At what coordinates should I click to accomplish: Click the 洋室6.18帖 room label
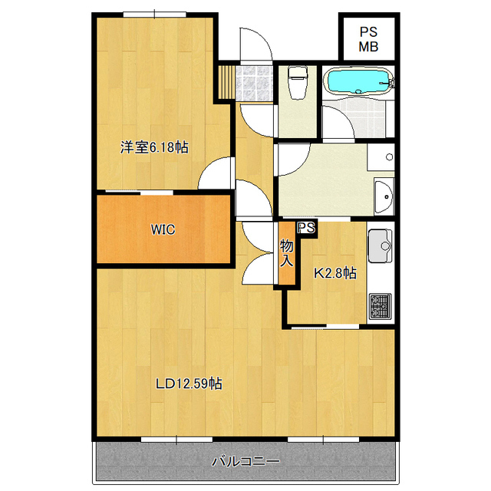[x=154, y=147]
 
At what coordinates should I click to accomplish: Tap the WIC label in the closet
[x=163, y=229]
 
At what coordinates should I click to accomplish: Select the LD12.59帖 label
[x=189, y=384]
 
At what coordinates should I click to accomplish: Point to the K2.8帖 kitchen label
[x=335, y=273]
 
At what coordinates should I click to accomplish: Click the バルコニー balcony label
[x=245, y=461]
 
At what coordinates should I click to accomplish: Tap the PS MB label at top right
[x=368, y=39]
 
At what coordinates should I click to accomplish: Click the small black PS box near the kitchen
[x=307, y=229]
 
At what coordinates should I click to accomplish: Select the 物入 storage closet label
[x=286, y=252]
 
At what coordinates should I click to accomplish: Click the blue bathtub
[x=358, y=81]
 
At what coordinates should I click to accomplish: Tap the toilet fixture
[x=297, y=82]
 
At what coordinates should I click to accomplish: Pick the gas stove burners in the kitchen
[x=381, y=306]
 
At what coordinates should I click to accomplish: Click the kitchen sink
[x=381, y=245]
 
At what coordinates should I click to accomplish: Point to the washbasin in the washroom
[x=384, y=196]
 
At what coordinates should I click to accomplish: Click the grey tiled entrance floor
[x=254, y=83]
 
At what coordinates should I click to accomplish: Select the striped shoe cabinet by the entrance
[x=226, y=82]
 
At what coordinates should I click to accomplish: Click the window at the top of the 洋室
[x=155, y=15]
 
